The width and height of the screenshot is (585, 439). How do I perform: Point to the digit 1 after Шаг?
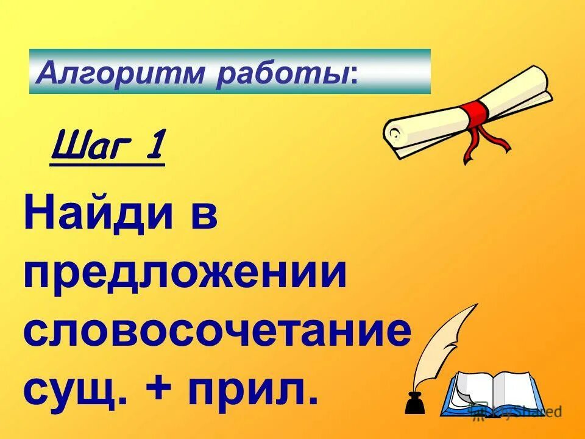(155, 148)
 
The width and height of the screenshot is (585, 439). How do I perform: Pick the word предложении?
(185, 275)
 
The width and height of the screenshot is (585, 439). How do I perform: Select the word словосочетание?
(218, 332)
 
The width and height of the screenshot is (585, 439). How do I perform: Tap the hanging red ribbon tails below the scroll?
(484, 143)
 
